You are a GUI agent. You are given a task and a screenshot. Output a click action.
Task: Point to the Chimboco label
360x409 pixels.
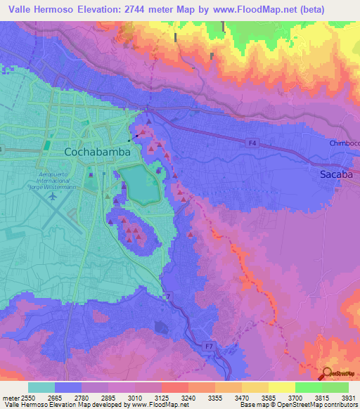pos(345,143)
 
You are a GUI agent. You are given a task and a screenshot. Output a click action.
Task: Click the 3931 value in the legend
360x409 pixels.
pos(349,397)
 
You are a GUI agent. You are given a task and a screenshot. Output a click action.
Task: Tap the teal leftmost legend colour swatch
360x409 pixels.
pos(41,387)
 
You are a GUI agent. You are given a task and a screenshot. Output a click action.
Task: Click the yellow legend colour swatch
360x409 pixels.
pos(281,387)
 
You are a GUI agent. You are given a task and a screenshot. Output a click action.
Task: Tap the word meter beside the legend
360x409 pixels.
pos(10,397)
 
